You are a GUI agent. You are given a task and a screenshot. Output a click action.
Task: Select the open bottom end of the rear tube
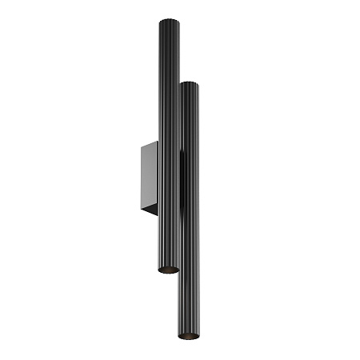coord(168,270)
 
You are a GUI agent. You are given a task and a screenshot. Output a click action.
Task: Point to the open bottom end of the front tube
coord(189,335)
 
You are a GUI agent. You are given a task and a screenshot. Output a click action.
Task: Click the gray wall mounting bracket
coord(149,176)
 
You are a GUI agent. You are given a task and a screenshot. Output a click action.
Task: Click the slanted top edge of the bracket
coord(149,143)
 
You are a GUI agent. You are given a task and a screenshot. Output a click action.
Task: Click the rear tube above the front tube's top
coord(169,52)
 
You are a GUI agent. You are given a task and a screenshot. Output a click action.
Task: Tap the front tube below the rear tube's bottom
coord(189,304)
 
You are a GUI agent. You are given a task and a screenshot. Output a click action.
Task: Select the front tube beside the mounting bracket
coord(190,176)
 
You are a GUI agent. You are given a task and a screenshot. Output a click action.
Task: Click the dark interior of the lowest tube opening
coord(189,337)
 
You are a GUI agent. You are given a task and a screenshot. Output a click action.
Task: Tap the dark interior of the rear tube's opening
coord(168,271)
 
